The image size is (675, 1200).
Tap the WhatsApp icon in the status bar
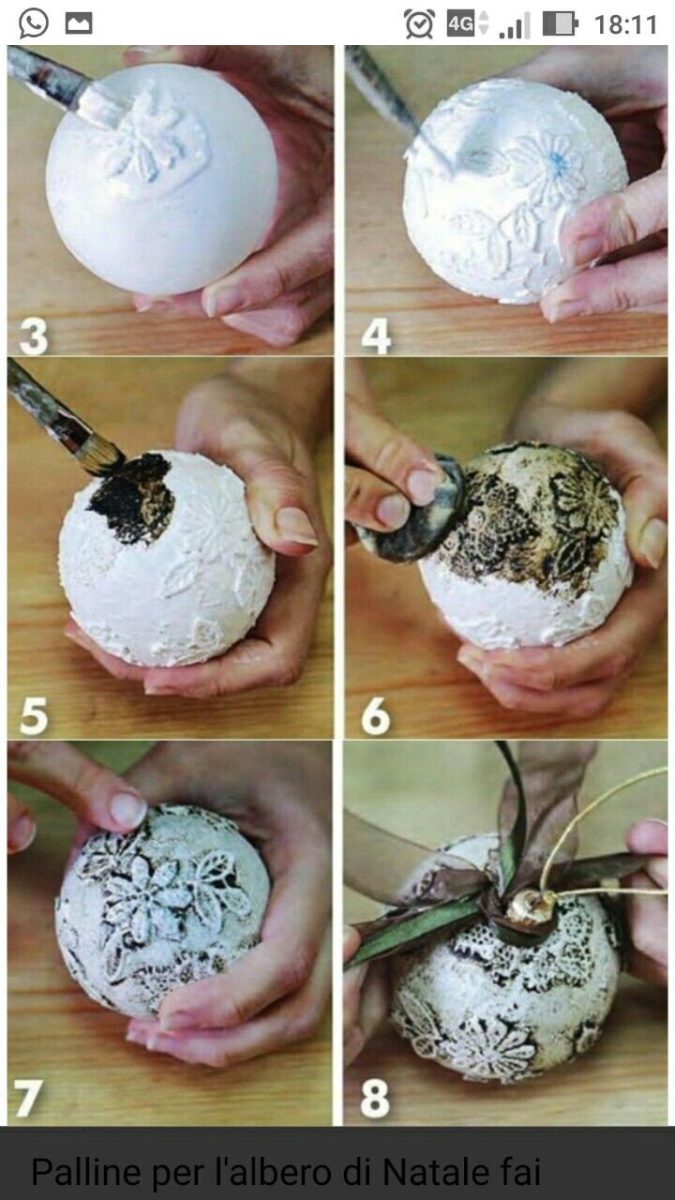pos(33,24)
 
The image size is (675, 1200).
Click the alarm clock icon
pos(419,24)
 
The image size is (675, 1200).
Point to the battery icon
pos(561,24)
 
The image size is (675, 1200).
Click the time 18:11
pos(625,24)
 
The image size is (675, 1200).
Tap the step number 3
pos(33,337)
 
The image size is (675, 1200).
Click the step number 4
pos(376,337)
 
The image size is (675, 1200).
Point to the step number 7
pos(28,1098)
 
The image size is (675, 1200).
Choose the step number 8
pos(375,1098)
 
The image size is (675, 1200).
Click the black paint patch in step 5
pos(132,498)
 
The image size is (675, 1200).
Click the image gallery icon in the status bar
pos(79,24)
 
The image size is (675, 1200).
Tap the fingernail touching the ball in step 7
pos(127,809)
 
